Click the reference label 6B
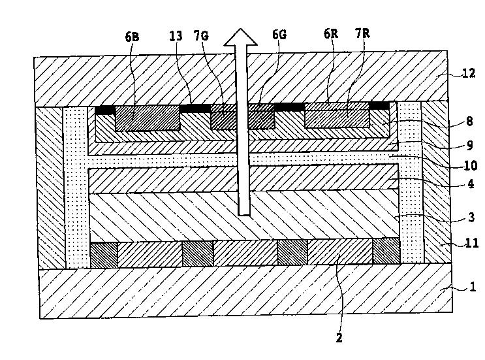click(x=131, y=37)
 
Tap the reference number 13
click(x=176, y=37)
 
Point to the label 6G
click(x=279, y=37)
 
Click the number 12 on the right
click(x=468, y=73)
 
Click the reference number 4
click(x=471, y=184)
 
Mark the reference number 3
click(x=471, y=217)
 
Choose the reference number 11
click(x=471, y=243)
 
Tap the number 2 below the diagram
click(x=339, y=338)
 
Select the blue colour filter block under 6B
click(x=148, y=120)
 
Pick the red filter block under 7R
click(x=337, y=118)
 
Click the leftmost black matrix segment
click(x=104, y=110)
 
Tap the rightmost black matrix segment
click(x=379, y=105)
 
